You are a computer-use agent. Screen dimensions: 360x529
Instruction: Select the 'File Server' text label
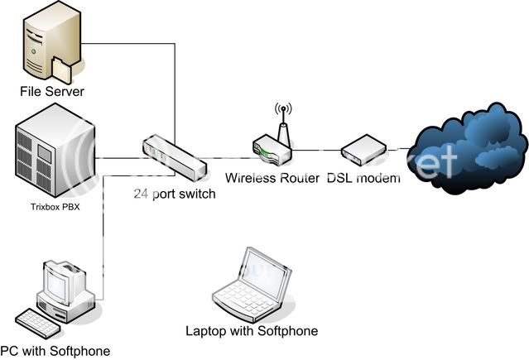53,89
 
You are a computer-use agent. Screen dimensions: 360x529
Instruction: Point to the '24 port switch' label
176,195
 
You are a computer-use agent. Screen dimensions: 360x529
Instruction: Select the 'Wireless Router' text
272,178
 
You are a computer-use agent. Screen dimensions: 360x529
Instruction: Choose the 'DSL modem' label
364,178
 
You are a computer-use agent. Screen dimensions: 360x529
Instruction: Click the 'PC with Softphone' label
55,351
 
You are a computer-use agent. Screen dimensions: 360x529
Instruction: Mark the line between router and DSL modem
317,151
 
